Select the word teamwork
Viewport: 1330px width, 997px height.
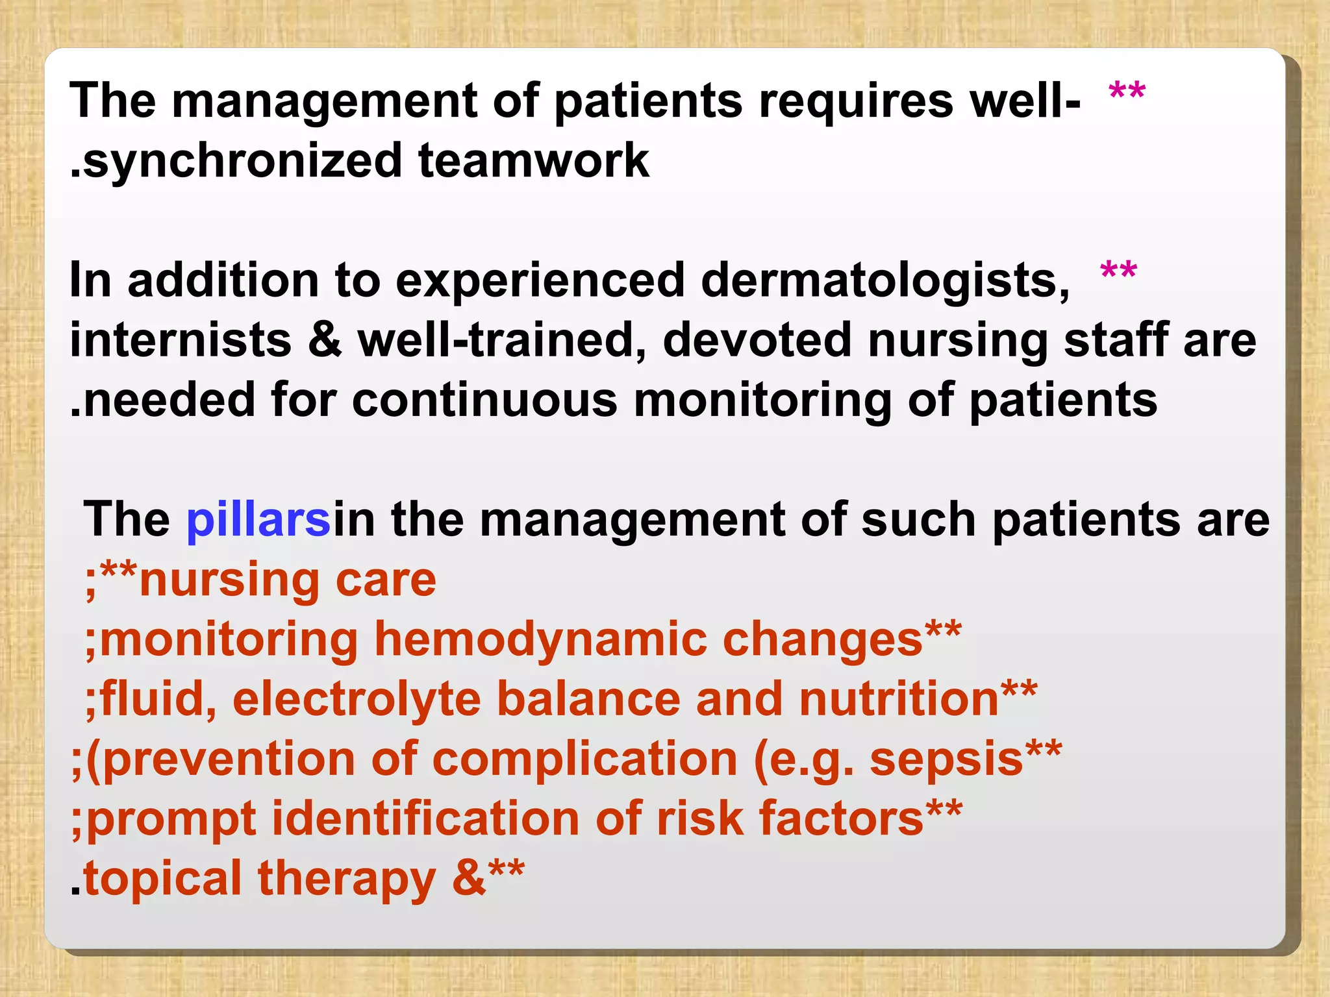533,161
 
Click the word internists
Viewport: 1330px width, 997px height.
181,340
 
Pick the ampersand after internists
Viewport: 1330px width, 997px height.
325,340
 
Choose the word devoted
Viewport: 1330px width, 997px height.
757,340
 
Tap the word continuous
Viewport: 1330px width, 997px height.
484,400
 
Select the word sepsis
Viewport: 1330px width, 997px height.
946,759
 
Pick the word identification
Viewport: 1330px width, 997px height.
425,819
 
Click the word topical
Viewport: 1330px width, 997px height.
162,879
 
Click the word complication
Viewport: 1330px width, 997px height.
584,759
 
